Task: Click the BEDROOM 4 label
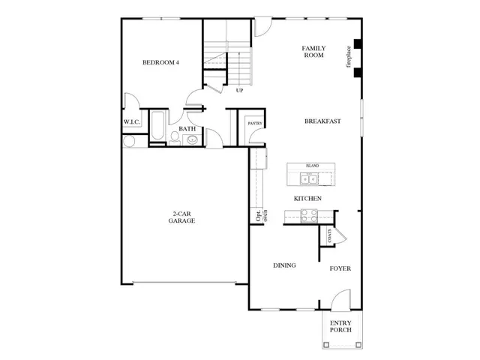[x=160, y=62]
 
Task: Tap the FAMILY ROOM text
[x=313, y=51]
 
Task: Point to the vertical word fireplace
[x=348, y=58]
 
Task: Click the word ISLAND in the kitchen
[x=312, y=165]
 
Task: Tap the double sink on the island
[x=308, y=178]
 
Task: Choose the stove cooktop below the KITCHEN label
[x=308, y=215]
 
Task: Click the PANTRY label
[x=244, y=122]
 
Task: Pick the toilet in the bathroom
[x=174, y=136]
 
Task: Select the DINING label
[x=283, y=265]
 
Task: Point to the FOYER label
[x=340, y=268]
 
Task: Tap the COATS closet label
[x=328, y=235]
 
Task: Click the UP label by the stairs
[x=239, y=91]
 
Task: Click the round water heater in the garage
[x=128, y=141]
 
